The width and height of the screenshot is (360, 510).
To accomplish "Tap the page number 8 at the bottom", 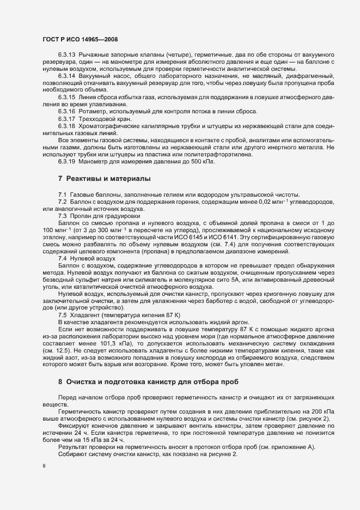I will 44,466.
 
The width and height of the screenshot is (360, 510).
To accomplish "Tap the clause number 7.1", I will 62,195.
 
